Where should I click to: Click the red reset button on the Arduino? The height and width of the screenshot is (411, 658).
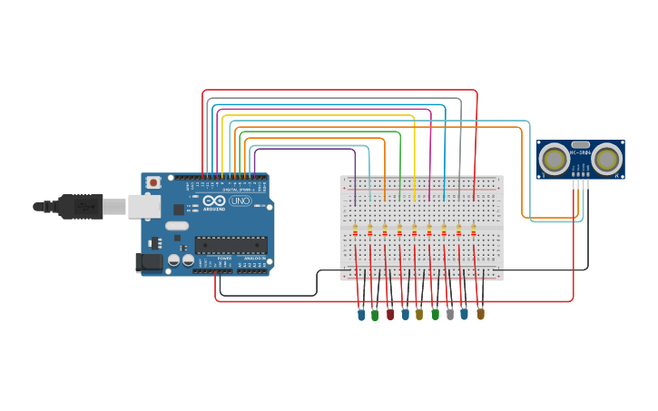point(153,182)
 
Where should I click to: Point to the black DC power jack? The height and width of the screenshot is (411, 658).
point(149,262)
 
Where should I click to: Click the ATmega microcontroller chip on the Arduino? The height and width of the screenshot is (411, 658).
point(231,245)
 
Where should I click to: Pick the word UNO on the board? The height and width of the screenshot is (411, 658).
point(241,201)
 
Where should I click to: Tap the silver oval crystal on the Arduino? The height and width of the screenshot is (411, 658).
point(176,225)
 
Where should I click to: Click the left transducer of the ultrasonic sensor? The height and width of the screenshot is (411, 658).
point(553,160)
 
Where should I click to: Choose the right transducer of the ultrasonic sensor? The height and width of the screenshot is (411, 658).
point(607,160)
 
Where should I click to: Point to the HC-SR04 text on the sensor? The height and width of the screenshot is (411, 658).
point(580,152)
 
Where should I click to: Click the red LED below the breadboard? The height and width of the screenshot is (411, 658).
point(390,314)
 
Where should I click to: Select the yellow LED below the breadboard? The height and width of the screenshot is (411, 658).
point(419,314)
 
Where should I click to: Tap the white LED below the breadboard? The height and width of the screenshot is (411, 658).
point(449,314)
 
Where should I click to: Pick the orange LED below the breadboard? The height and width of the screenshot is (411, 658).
point(480,314)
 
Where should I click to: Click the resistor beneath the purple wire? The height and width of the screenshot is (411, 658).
point(355,230)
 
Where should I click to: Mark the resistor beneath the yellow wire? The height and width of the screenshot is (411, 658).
point(414,230)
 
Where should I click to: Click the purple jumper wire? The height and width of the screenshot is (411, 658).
point(304,149)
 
